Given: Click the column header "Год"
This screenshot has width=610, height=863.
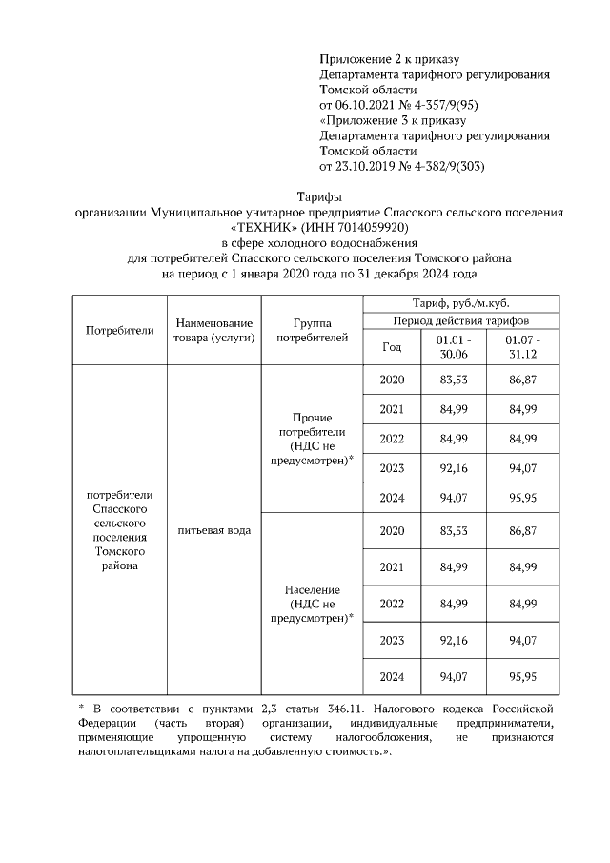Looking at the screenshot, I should pos(392,347).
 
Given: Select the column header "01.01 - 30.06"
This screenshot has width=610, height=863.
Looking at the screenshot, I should pos(453,347).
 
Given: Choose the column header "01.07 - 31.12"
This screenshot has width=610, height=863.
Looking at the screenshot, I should pos(522,347).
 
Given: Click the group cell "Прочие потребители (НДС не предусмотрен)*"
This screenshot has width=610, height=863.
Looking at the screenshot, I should pos(312,439).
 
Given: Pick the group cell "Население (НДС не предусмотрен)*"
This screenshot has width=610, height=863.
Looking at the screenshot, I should pos(312,604).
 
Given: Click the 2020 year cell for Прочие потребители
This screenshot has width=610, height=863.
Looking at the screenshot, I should pos(392,380).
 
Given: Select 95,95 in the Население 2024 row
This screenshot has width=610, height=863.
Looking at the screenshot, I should pos(522,677).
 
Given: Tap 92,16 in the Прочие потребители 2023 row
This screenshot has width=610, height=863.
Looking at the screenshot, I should pos(453,468).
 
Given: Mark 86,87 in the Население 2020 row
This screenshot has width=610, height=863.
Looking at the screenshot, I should pos(522,530).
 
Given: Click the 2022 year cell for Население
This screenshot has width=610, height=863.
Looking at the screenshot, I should pos(392,604).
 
